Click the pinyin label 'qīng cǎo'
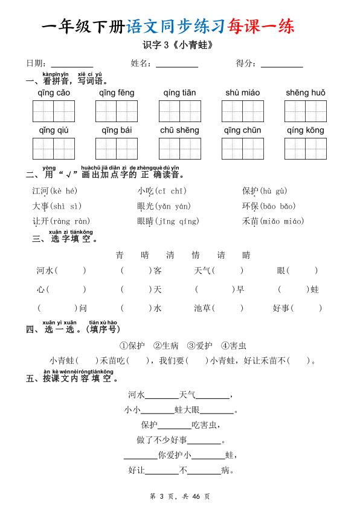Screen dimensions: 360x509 point(54,93)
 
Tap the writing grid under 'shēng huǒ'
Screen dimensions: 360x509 point(305,111)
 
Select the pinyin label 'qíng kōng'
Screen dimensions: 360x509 point(305,131)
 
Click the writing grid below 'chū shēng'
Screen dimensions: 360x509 point(179,149)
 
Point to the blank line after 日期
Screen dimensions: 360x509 point(72,65)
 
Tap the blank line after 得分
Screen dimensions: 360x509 point(281,65)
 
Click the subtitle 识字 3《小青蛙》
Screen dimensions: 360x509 point(179,45)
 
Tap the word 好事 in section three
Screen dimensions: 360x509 point(281,308)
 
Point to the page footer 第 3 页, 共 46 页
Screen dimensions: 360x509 point(179,496)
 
